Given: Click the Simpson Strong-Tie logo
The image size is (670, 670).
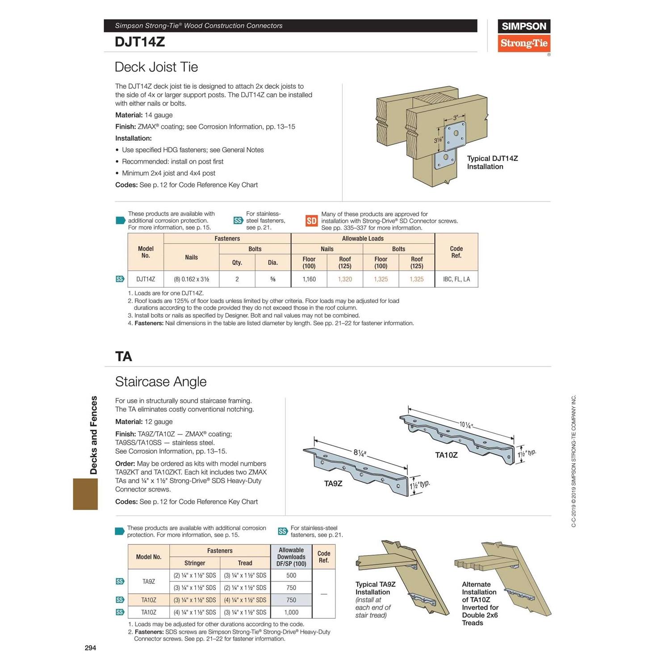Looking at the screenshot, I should [523, 36].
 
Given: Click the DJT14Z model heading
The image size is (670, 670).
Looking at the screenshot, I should [140, 42].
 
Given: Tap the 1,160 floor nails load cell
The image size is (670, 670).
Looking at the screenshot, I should [309, 279].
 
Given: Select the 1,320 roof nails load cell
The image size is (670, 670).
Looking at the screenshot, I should [344, 279].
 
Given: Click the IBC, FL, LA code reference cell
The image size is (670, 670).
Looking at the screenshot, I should [456, 279].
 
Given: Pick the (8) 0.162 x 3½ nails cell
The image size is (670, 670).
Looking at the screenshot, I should [191, 279].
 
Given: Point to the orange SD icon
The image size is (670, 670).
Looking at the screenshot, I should [311, 221].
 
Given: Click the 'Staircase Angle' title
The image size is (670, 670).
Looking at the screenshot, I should [161, 381].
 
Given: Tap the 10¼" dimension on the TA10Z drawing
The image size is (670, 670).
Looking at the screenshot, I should [465, 424].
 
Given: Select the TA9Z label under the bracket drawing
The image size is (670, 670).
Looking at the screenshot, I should [333, 483].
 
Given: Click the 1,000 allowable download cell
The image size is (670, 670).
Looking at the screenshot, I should [291, 612].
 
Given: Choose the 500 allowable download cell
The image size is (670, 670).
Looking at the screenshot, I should [291, 575].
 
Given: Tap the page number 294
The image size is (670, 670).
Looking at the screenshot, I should [90, 648].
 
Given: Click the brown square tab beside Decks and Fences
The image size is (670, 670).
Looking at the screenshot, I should [85, 494].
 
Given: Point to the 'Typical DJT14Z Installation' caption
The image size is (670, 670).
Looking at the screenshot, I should [492, 163].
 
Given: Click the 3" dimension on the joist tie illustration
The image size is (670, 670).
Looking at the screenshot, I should [455, 118].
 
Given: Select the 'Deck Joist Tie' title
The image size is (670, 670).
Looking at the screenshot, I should [156, 67].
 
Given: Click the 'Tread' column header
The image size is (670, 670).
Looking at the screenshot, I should [245, 563].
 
